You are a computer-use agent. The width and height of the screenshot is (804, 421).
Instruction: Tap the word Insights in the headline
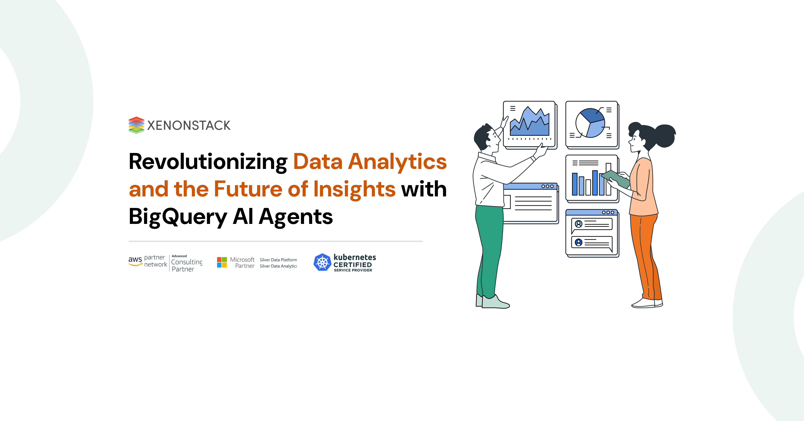[x=354, y=190]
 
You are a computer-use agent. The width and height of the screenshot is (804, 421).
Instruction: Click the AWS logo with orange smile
[x=135, y=261]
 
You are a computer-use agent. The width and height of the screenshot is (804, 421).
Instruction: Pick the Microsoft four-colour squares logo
[x=222, y=262]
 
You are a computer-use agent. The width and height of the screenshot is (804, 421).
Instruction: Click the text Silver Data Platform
[x=278, y=260]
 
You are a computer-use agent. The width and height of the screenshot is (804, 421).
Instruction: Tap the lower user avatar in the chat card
[x=578, y=242]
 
